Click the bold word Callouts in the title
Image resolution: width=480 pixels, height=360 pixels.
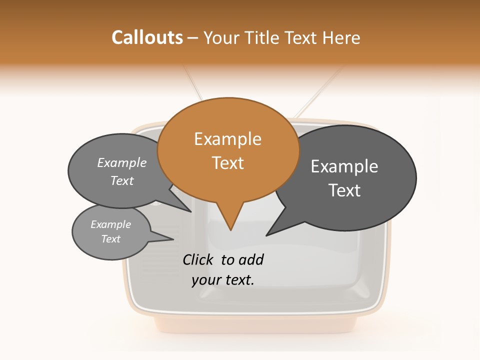147,37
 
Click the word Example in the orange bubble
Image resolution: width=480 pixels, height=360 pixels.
227,139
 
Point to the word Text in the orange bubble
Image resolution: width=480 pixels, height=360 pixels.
227,163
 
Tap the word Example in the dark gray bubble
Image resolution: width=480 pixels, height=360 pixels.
344,166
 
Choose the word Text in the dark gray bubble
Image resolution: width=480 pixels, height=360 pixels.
344,190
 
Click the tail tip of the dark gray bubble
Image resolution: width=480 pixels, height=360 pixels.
268,234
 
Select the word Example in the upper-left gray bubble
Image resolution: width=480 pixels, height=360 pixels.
122,163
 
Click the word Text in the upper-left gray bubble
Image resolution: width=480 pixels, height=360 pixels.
122,181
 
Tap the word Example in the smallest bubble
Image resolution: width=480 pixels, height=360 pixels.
110,224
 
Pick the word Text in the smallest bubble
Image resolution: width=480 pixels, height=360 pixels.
110,239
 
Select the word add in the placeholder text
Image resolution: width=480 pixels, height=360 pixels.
251,260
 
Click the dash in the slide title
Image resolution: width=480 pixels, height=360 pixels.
193,38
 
